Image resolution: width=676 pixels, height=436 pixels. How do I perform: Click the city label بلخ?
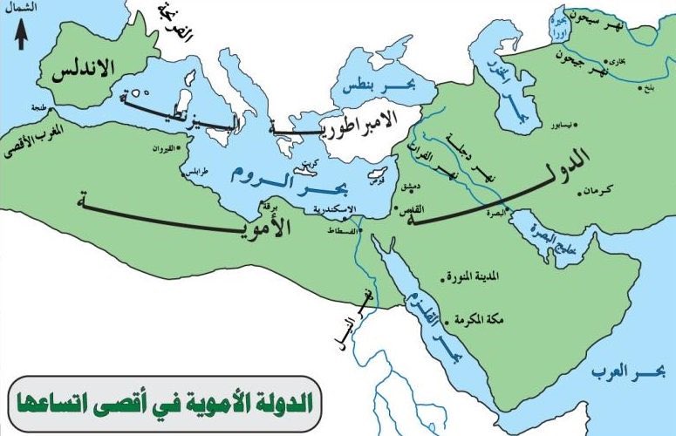646,88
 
